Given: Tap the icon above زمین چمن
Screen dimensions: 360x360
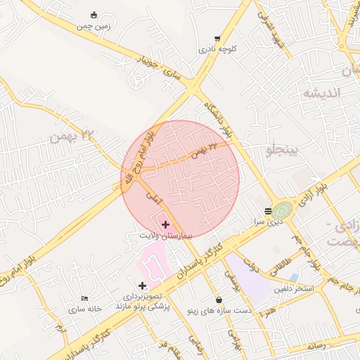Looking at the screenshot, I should click(95, 15).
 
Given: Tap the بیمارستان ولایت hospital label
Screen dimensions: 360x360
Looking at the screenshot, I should click(166, 235).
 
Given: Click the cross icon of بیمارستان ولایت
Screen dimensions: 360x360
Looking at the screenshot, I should click(165, 224).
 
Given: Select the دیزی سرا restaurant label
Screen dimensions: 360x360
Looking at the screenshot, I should click(269, 221).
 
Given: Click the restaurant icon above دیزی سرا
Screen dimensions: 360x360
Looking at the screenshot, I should click(267, 211).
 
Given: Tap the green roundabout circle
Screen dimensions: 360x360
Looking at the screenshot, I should click(282, 210).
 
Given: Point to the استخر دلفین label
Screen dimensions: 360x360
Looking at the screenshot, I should click(293, 288).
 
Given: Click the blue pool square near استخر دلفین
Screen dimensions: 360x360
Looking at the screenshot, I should click(294, 278).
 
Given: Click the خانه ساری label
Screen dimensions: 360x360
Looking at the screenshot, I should click(85, 308).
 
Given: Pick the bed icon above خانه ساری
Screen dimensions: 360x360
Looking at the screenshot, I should click(85, 298).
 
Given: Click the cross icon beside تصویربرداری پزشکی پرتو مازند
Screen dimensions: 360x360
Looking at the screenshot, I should click(143, 285).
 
